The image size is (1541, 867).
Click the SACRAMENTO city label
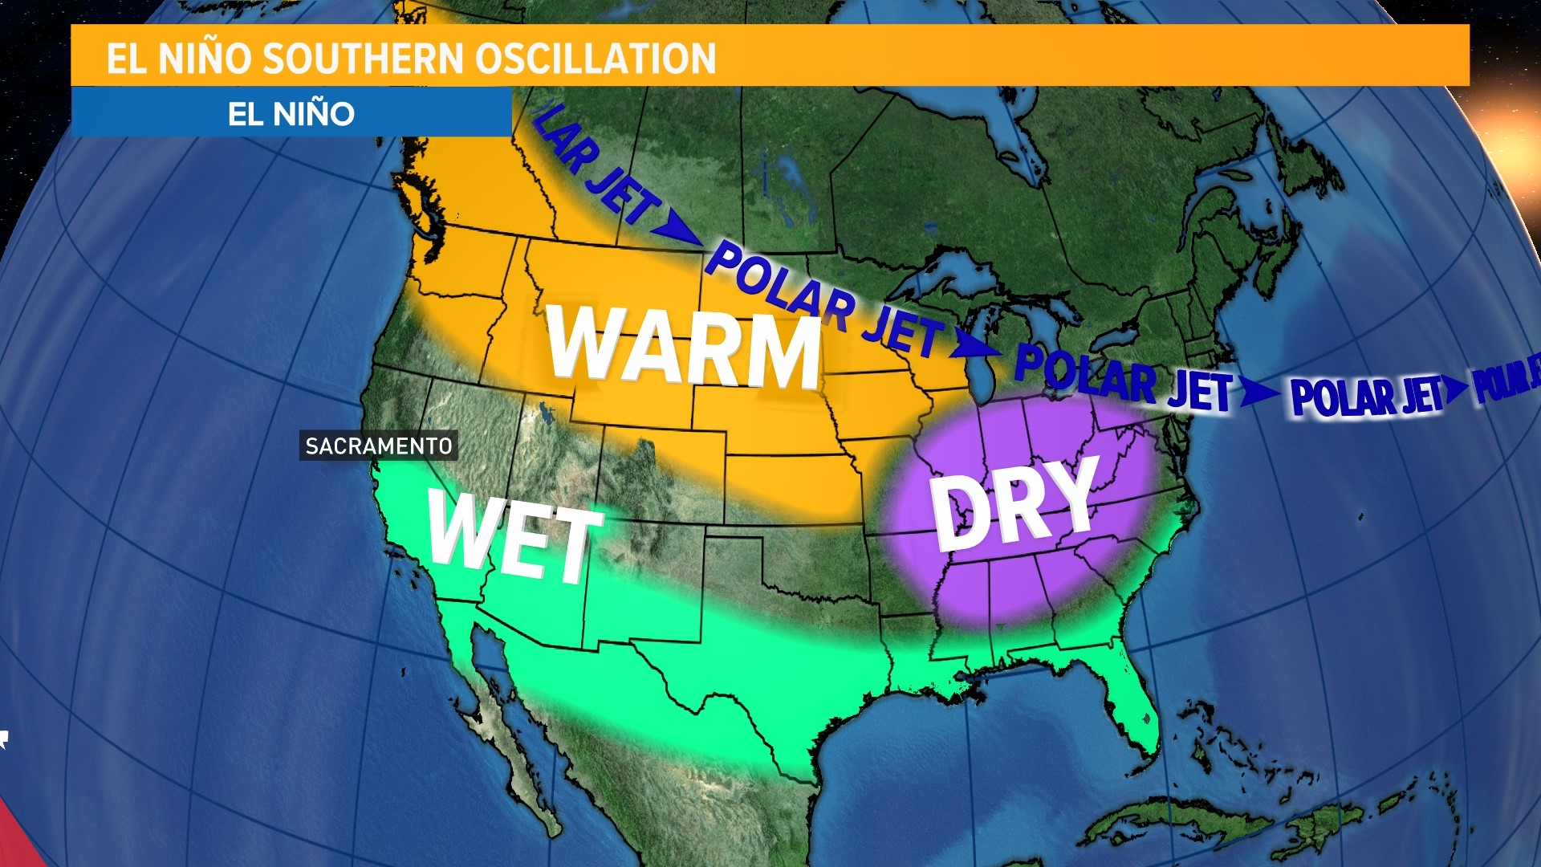[x=379, y=446]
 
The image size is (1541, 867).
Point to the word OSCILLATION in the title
[x=595, y=59]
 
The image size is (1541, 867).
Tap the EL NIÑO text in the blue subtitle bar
[x=291, y=113]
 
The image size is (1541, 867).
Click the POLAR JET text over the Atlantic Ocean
[x=1364, y=396]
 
